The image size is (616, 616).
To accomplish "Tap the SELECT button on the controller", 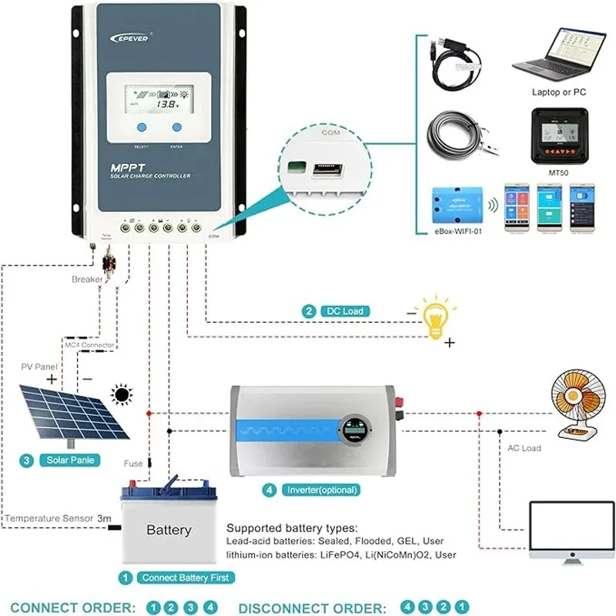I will (x=141, y=128).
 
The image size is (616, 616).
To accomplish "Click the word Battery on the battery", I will (x=169, y=531).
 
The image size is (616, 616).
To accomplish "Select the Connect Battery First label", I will (x=184, y=577).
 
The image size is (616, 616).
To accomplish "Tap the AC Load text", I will (x=524, y=448).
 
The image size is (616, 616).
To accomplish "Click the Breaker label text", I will (x=86, y=280).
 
